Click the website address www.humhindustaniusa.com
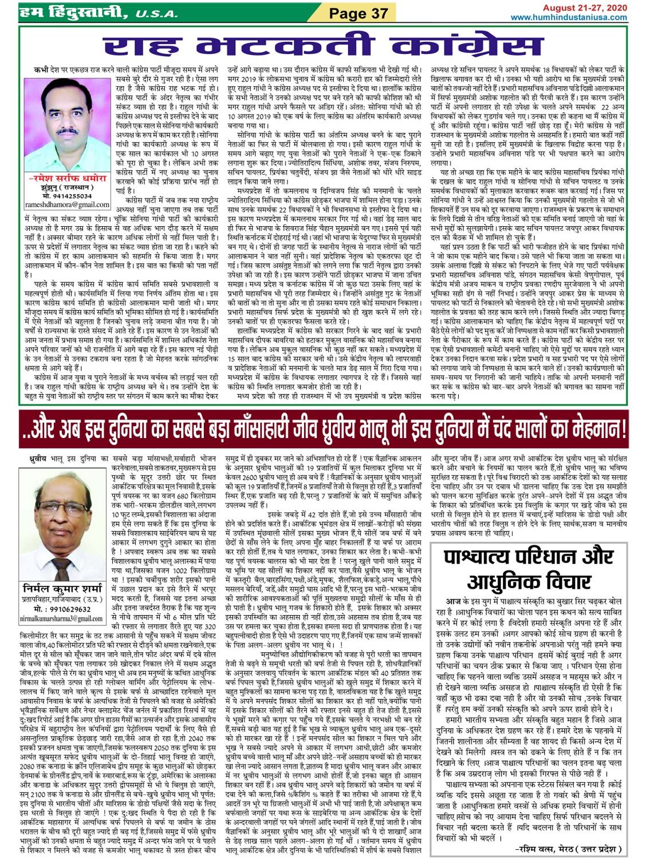click(568, 17)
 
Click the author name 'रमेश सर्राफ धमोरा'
click(68, 179)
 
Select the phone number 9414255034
click(68, 196)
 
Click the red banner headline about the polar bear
click(324, 430)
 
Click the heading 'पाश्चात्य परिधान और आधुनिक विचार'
click(528, 569)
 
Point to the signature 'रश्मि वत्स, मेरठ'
click(568, 848)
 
